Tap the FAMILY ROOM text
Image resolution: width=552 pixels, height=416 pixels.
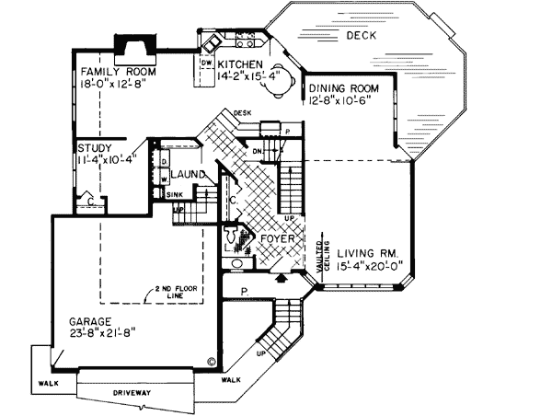tap(117, 71)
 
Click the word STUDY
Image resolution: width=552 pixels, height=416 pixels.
tap(95, 144)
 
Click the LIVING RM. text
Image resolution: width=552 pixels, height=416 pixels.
tap(367, 253)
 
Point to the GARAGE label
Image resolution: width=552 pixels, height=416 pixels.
tap(92, 323)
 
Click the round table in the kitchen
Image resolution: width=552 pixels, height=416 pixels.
tap(286, 76)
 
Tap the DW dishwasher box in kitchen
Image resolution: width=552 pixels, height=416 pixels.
tap(207, 63)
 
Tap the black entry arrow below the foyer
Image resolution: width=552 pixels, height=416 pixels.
tap(280, 275)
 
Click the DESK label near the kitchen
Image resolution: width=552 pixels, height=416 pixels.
tap(243, 113)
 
